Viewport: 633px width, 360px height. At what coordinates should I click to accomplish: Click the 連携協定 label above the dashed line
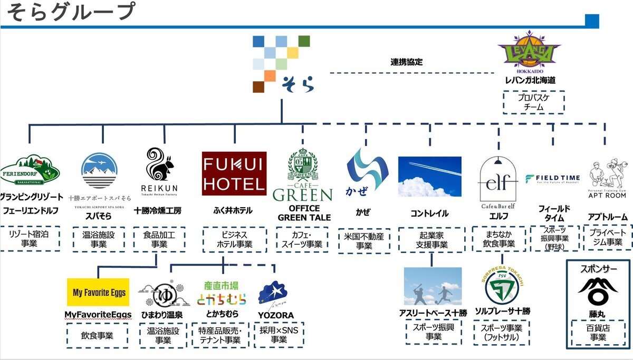[x=406, y=62]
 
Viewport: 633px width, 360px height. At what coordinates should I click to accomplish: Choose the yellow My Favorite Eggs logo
[x=98, y=292]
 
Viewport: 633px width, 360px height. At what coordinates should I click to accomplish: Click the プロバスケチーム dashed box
[x=533, y=102]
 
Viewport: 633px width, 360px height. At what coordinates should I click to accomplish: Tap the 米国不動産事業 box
[x=363, y=240]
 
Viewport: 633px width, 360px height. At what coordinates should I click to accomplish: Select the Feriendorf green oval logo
[x=30, y=171]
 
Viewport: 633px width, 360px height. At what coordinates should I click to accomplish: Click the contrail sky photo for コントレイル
[x=429, y=176]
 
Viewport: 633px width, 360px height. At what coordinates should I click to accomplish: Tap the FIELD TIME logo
[x=552, y=178]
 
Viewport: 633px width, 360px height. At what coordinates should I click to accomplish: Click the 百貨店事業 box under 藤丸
[x=598, y=332]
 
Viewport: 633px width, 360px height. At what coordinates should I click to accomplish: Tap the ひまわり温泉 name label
[x=161, y=315]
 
